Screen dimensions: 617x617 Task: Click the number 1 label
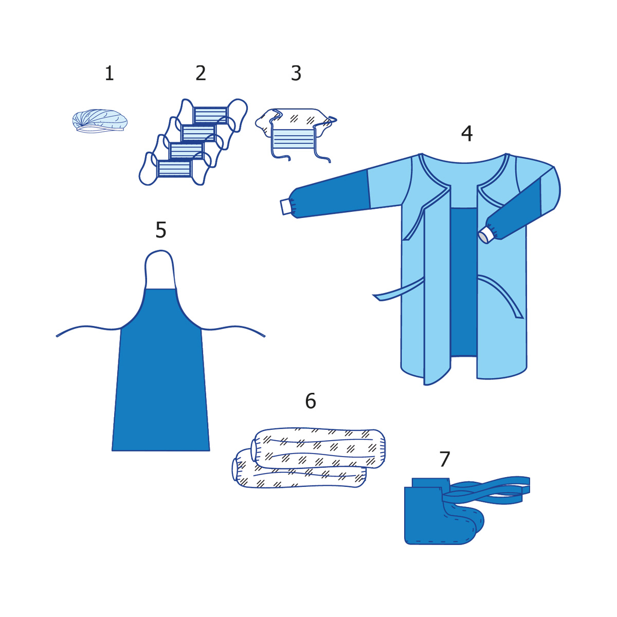(x=109, y=73)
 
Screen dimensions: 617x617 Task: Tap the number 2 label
(x=201, y=73)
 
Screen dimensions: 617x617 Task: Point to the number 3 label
(x=296, y=73)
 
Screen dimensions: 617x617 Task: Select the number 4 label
(x=466, y=133)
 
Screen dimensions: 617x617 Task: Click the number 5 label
(x=161, y=230)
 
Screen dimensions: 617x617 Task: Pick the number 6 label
(x=311, y=401)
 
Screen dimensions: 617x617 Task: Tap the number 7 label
(x=445, y=459)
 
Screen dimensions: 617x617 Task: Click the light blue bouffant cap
(x=100, y=121)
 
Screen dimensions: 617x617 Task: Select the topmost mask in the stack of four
(x=210, y=115)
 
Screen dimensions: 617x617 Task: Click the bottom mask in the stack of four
(x=174, y=169)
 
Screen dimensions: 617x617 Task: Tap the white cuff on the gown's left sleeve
(x=287, y=207)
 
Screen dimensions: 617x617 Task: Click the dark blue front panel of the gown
(x=464, y=282)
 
